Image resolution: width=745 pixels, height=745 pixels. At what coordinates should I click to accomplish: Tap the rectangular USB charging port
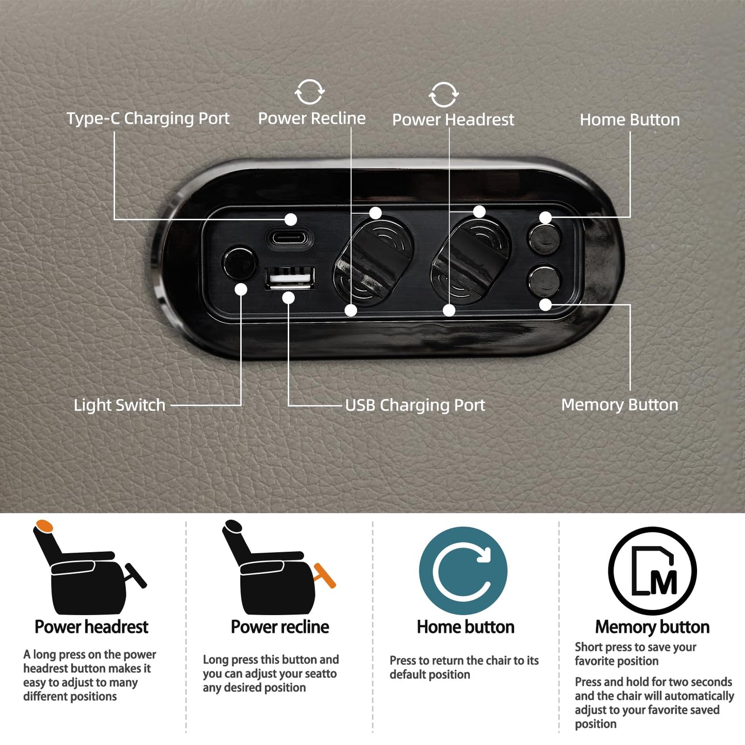click(289, 278)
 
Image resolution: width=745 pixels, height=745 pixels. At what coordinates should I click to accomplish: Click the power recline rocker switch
click(373, 262)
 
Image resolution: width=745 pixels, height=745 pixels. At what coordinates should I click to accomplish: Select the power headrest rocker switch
click(471, 262)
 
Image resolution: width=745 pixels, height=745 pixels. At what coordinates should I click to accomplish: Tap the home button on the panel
click(544, 239)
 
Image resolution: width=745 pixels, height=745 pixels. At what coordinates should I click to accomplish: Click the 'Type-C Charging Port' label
click(148, 118)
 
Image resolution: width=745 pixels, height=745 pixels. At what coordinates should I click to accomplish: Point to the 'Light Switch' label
click(120, 405)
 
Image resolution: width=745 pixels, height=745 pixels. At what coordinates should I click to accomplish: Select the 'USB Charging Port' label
click(415, 405)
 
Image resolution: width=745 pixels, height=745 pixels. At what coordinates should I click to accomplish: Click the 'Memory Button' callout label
click(620, 405)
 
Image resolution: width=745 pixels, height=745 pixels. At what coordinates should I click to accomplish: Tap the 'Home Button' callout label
click(630, 120)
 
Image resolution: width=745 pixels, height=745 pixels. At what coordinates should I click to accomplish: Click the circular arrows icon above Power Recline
click(310, 92)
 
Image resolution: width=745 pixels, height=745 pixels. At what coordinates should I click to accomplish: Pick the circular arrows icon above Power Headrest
click(444, 94)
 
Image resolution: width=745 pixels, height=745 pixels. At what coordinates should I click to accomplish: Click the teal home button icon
click(463, 571)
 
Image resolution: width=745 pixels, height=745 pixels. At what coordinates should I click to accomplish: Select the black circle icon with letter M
click(653, 571)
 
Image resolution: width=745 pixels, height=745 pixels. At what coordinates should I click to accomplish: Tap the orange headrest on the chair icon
click(44, 526)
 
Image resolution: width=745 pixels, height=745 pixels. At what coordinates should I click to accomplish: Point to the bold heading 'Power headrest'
click(92, 627)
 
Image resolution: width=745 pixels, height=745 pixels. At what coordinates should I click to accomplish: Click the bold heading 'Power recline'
click(280, 627)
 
